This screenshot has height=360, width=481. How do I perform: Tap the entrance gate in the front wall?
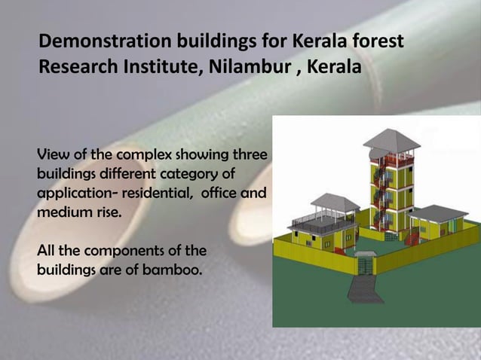point(366,265)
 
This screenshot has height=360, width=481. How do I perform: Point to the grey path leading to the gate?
point(360,290)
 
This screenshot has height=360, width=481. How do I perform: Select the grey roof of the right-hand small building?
point(437,212)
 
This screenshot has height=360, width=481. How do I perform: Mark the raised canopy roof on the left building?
point(334,201)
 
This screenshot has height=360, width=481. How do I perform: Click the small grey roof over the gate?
point(366,254)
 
